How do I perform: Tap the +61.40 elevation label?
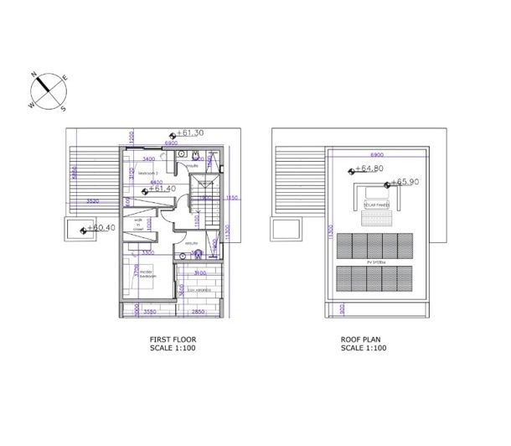pyautogui.click(x=162, y=189)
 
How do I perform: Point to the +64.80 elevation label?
pyautogui.click(x=369, y=169)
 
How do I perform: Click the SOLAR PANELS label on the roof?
pyautogui.click(x=374, y=203)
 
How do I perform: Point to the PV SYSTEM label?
pyautogui.click(x=374, y=262)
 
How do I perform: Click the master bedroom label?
pyautogui.click(x=149, y=274)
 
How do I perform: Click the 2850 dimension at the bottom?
pyautogui.click(x=198, y=312)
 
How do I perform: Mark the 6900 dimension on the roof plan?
pyautogui.click(x=376, y=155)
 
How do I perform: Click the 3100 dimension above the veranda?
pyautogui.click(x=199, y=272)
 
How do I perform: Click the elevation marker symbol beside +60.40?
pyautogui.click(x=84, y=229)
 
